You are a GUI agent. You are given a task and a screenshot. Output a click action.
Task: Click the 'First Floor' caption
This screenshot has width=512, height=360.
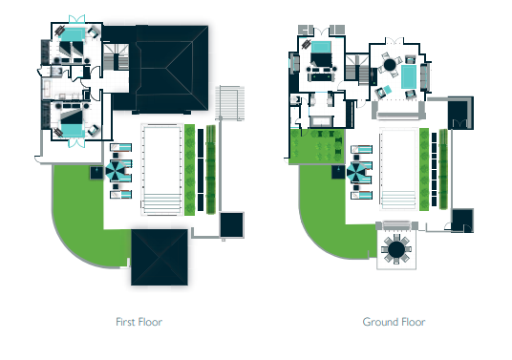[x=139, y=322]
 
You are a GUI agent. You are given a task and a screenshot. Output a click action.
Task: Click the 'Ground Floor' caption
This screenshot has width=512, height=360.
[x=394, y=322]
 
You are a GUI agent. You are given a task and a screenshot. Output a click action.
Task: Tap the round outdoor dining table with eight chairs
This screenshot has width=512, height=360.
[x=396, y=249]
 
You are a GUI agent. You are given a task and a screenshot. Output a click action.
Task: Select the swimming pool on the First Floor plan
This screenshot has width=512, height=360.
[x=161, y=169]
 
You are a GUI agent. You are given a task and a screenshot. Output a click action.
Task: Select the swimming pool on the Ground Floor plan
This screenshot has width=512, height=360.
[x=398, y=169]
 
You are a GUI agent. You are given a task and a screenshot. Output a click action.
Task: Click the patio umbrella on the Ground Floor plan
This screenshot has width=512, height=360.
[x=355, y=172]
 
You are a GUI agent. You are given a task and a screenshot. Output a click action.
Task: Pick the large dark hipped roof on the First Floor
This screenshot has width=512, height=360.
[x=172, y=68]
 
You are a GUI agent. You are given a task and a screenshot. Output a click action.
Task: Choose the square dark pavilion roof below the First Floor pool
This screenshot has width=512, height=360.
[x=160, y=257]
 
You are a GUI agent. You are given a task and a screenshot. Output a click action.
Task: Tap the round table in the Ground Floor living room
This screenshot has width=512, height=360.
[x=390, y=64]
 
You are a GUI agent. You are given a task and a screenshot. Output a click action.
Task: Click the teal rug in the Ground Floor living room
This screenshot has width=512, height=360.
[x=409, y=76]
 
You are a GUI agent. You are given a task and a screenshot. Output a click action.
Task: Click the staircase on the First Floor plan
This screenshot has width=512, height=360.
[x=117, y=56]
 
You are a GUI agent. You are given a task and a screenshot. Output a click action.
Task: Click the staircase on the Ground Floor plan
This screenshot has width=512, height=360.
[x=357, y=68]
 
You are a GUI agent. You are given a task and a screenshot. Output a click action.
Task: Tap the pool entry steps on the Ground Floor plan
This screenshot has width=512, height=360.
[x=398, y=200]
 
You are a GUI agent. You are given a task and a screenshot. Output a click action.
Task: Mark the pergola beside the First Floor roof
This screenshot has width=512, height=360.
[x=230, y=102]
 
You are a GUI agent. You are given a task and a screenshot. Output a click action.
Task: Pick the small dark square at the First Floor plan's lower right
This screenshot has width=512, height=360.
[x=231, y=224]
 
